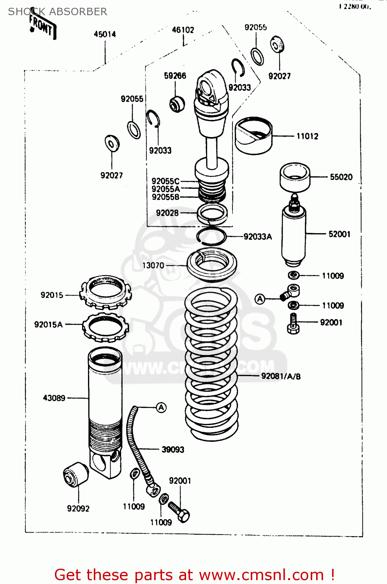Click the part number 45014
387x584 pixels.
tap(105, 34)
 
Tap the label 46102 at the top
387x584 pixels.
tap(183, 30)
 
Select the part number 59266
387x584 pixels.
tap(175, 76)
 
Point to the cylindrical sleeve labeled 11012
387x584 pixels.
tap(253, 135)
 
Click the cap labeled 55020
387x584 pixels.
tap(295, 177)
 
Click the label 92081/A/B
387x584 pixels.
tap(281, 376)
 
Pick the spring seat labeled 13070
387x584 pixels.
tap(212, 265)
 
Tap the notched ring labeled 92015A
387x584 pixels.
tap(105, 327)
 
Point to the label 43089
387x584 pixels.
tap(54, 398)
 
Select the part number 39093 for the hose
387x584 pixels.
tap(173, 450)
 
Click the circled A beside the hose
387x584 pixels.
tap(161, 408)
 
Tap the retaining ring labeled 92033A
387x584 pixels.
tap(211, 236)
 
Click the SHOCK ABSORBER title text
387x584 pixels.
tap(58, 12)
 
